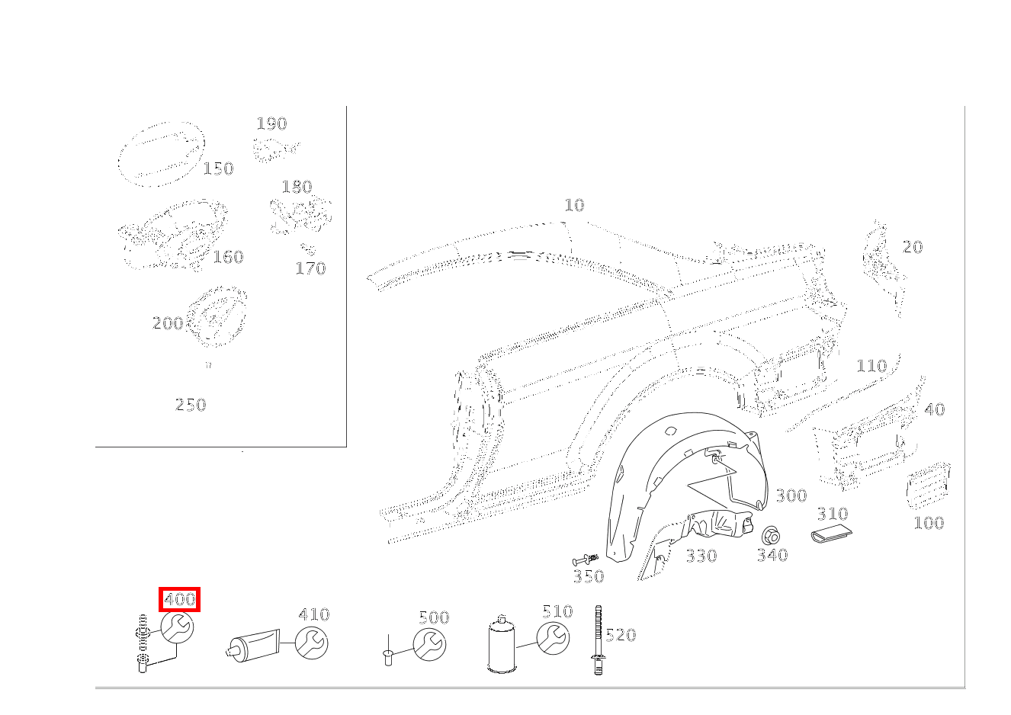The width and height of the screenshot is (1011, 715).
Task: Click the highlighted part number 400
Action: pos(179,599)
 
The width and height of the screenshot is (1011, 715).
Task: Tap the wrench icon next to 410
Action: pos(311,644)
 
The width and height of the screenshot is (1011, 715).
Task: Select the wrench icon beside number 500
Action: pos(429,645)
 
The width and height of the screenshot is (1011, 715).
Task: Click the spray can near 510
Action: pos(501,645)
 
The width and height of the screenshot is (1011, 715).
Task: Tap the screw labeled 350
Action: pos(586,559)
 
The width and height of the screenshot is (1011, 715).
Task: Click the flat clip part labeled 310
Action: pos(830,535)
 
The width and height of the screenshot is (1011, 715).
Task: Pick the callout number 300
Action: pos(791,496)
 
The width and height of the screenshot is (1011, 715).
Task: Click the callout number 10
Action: pos(574,205)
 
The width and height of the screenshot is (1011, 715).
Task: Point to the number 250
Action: pos(191,405)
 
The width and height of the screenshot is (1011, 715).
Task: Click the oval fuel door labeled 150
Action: pos(160,154)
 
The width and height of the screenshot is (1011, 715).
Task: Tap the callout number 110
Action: pos(871,366)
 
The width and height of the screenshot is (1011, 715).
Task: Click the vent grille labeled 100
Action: pos(927,484)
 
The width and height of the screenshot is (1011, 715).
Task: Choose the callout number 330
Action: pos(701,556)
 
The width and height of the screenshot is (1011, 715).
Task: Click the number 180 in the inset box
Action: pos(297,187)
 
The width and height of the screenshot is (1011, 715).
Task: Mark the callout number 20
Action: pos(912,247)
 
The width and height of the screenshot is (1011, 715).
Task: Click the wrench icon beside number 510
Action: pos(553,638)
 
